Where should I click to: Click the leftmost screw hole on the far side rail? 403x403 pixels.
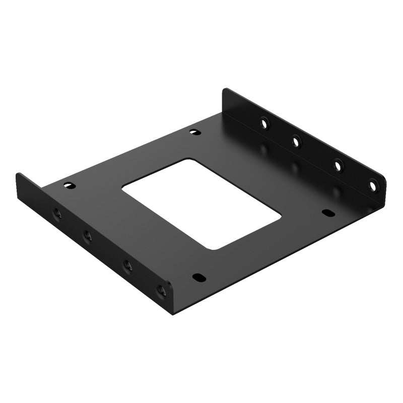(264, 122)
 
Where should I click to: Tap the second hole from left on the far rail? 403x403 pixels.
(297, 143)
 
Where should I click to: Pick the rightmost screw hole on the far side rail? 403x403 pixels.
(373, 186)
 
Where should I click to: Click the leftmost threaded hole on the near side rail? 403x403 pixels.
(57, 214)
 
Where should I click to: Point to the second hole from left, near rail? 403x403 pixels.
(87, 235)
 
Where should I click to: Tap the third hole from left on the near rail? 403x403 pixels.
(127, 265)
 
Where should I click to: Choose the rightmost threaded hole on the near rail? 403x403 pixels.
(162, 290)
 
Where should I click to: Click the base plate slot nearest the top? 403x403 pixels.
(195, 132)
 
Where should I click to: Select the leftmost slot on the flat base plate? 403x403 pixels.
(70, 185)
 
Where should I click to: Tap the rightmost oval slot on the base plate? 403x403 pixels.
(328, 213)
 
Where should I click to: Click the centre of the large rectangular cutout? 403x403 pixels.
(201, 204)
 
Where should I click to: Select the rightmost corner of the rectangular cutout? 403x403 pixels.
(280, 218)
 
